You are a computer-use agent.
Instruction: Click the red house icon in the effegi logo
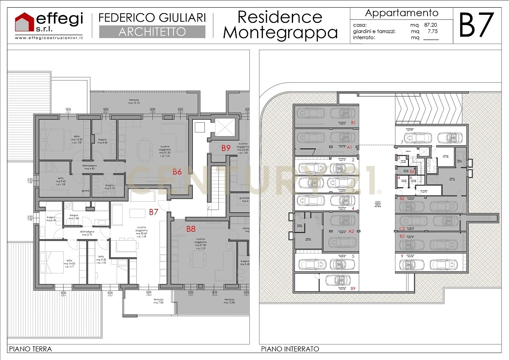point(24,22)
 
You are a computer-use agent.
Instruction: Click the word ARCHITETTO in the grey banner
point(152,32)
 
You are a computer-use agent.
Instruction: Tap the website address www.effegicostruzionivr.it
point(49,38)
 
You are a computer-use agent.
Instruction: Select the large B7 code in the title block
point(477,25)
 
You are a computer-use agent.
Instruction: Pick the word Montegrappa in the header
point(280,32)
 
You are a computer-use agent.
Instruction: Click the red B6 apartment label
point(177,172)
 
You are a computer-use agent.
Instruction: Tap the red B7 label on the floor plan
point(153,212)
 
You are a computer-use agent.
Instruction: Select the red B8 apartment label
point(191,229)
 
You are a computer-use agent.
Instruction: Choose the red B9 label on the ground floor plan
point(226,148)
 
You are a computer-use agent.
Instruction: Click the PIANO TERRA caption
point(30,349)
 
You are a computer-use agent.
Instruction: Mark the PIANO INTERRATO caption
point(290,349)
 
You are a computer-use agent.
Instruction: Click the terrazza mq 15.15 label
point(137,102)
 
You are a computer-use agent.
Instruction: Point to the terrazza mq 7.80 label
point(158,301)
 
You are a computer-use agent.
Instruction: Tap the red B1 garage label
point(352,123)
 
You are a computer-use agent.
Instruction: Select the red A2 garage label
point(351,231)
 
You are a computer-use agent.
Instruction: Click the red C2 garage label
point(402,228)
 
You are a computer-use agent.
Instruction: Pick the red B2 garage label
point(402,198)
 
